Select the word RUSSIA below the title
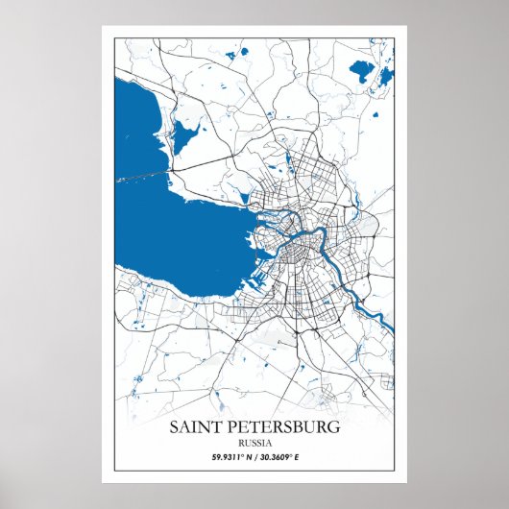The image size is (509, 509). pyautogui.click(x=254, y=442)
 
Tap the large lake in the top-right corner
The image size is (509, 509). pyautogui.click(x=363, y=70)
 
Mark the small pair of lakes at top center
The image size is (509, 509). pyautogui.click(x=231, y=56)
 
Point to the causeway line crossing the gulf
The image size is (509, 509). pyautogui.click(x=144, y=176)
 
